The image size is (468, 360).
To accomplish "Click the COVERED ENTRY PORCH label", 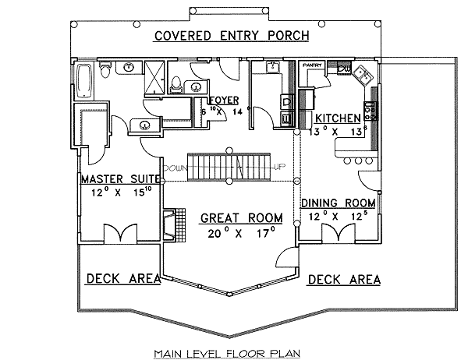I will tap(231, 36).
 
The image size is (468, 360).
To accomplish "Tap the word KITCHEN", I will tap(338, 118).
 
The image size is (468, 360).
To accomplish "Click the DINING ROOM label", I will tap(338, 203).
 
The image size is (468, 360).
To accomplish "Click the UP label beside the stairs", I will tap(278, 167).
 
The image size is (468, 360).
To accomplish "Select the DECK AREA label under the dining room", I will tap(344, 278).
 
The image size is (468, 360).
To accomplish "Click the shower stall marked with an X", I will tap(156, 78).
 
